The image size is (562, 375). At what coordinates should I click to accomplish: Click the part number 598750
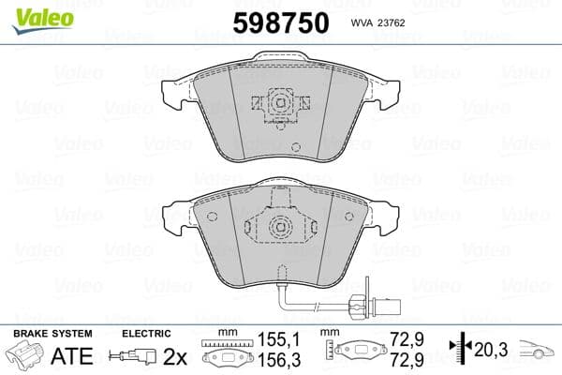click(280, 22)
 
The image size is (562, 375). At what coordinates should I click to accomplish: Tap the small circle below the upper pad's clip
click(295, 147)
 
